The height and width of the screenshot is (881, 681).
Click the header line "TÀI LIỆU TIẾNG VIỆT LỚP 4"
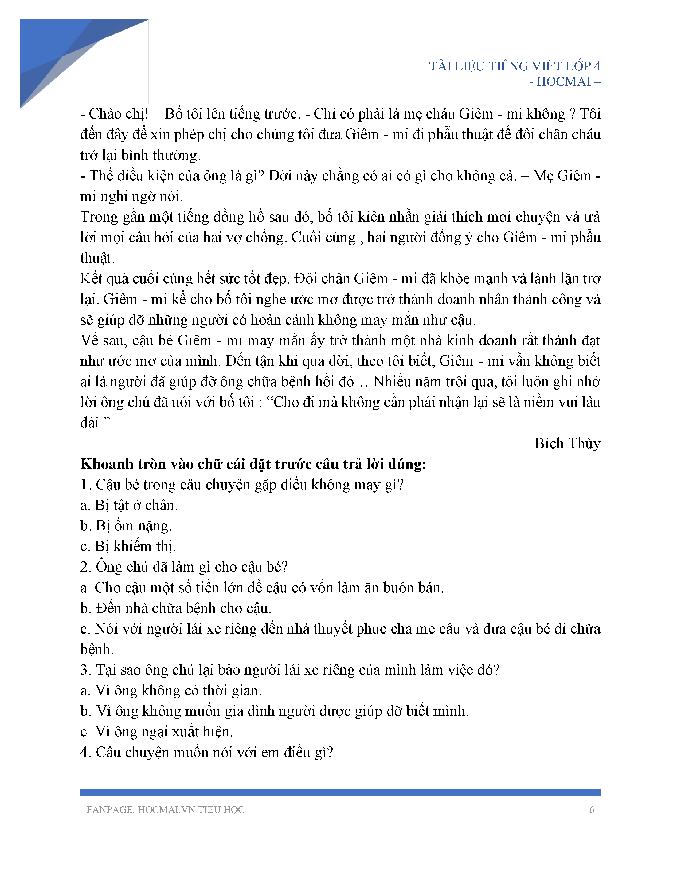tap(514, 66)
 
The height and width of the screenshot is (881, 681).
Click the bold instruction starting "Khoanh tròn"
tap(253, 464)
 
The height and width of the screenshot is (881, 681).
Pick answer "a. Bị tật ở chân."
tap(129, 505)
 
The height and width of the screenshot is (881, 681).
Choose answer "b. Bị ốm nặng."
tap(126, 526)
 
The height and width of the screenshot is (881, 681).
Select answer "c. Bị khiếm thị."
tap(128, 546)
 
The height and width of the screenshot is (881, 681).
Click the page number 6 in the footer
tap(592, 810)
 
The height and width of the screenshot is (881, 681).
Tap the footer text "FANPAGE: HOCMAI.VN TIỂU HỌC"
tap(165, 810)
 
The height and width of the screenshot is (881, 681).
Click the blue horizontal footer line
tap(340, 792)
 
